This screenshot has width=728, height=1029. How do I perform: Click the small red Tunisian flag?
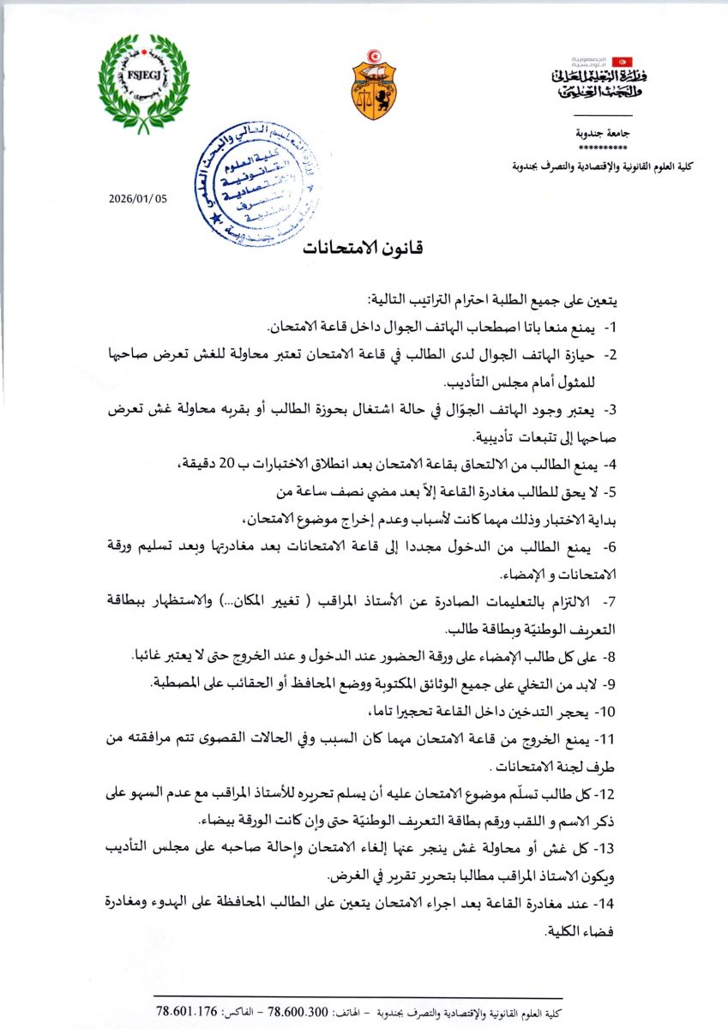(624, 62)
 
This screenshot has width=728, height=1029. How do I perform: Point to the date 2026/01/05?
(139, 198)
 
